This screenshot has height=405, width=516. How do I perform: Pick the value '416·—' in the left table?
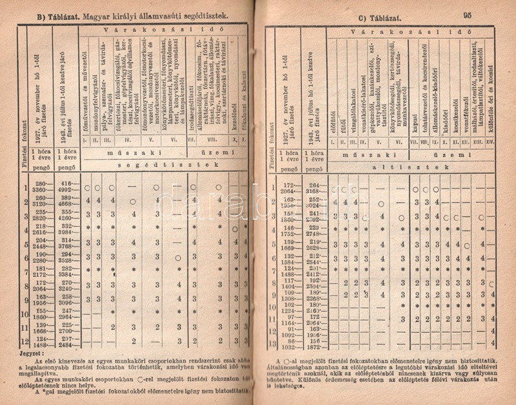click(x=64, y=184)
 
